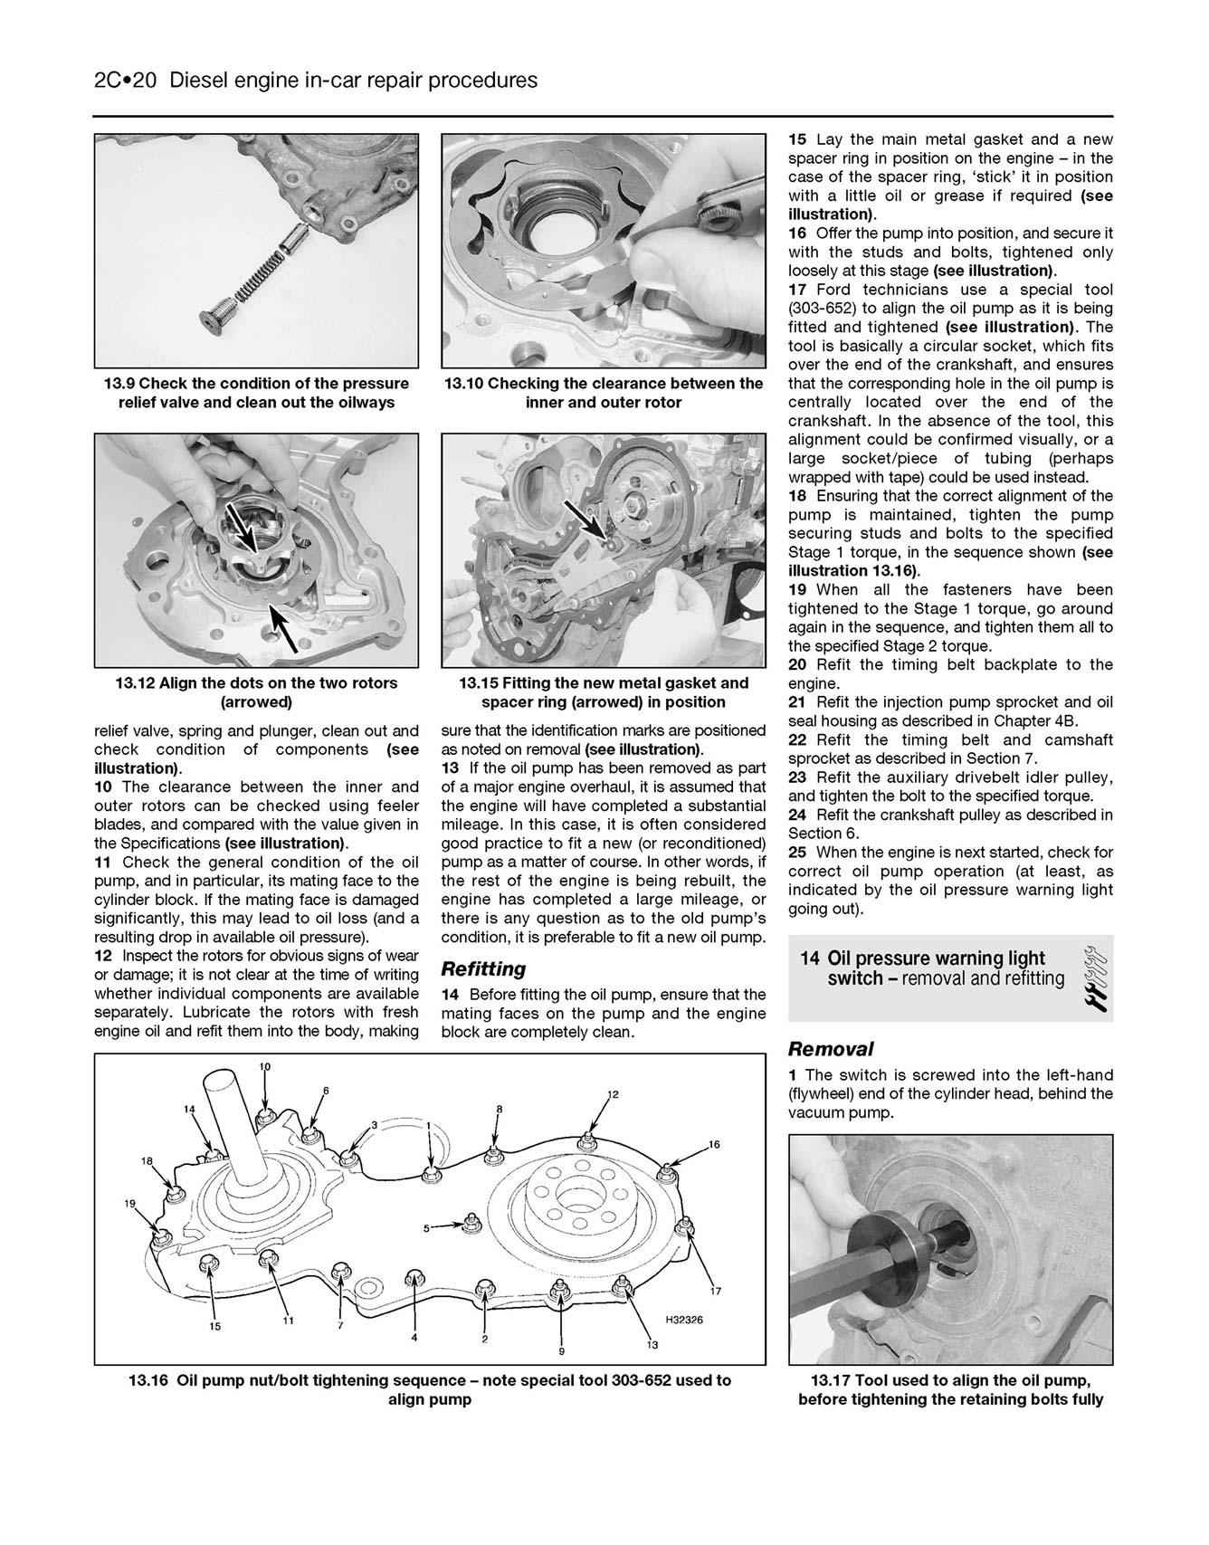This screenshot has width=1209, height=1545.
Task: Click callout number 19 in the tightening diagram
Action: (130, 1204)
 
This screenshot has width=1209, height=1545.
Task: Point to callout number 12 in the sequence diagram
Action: (613, 1094)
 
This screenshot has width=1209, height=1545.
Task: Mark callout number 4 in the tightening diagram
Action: (414, 1337)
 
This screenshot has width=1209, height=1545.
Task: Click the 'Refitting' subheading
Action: (483, 969)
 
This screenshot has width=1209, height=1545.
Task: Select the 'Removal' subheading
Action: (830, 1049)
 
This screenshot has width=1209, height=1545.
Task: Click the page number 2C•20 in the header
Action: (126, 81)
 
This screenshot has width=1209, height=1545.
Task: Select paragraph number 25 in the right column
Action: (797, 853)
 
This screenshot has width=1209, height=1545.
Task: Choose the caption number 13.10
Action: (463, 384)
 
